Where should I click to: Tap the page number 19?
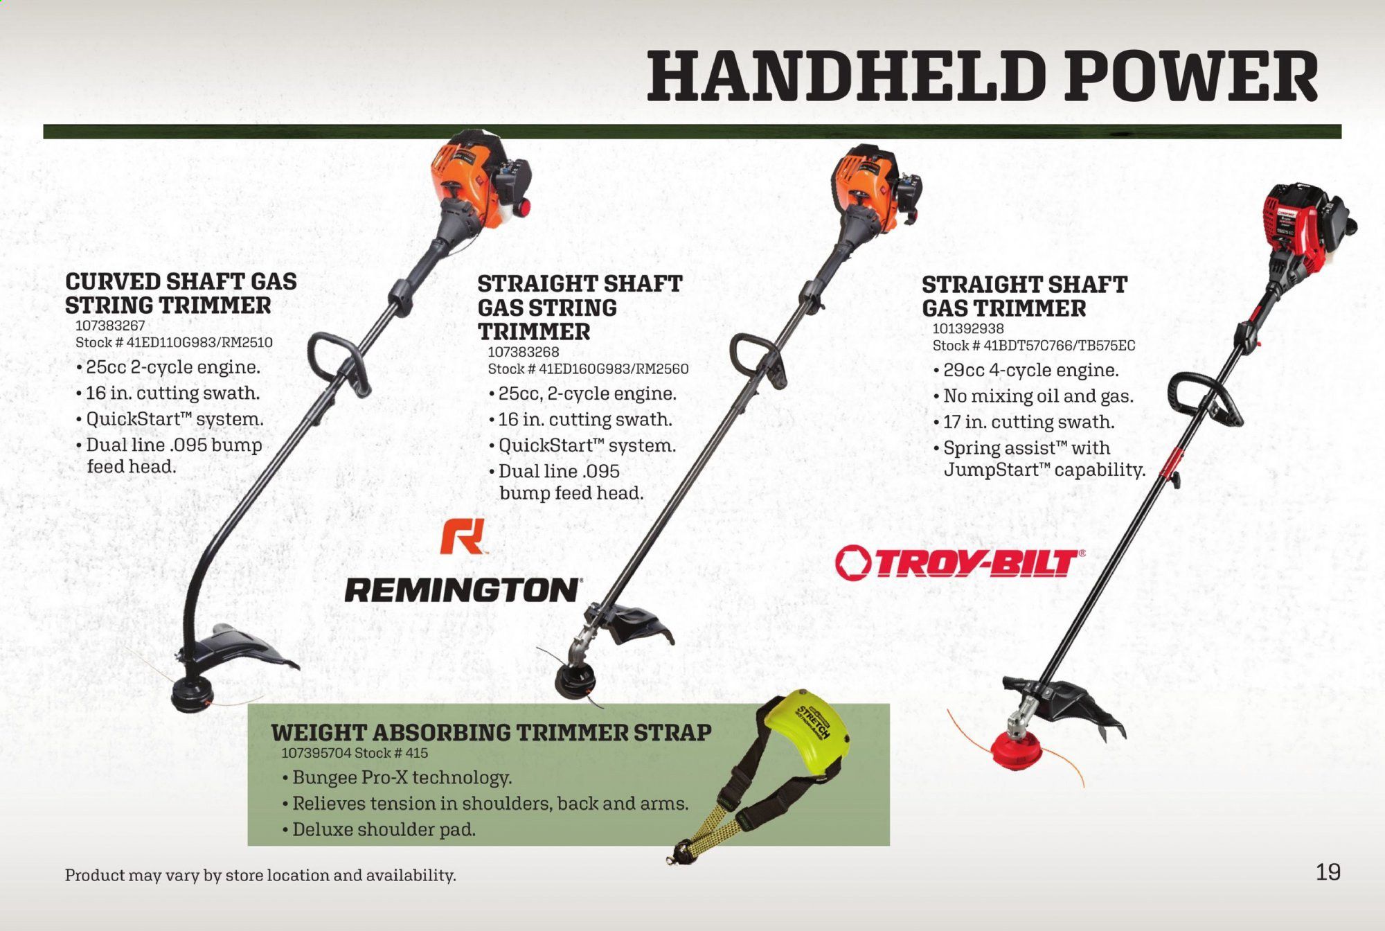coord(1328,871)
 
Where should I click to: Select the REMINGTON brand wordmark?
coord(463,590)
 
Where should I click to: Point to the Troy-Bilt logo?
coord(960,563)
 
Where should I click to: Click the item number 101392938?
coord(967,328)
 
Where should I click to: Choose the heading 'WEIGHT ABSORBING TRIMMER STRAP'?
coord(491,732)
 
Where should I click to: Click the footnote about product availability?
coord(260,875)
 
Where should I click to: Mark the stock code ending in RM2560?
coord(588,369)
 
